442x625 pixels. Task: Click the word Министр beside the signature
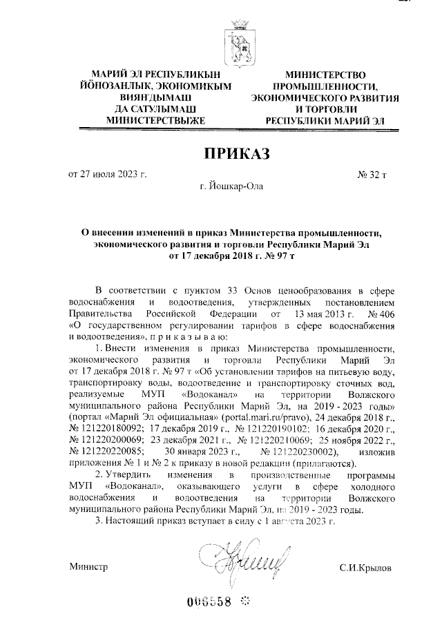[x=89, y=567]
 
